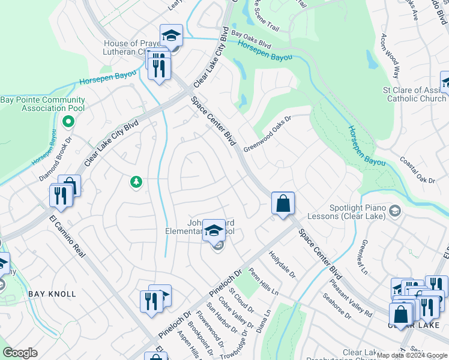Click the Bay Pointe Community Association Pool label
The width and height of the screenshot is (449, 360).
coord(43,104)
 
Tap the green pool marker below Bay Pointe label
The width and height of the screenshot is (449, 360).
coord(68,122)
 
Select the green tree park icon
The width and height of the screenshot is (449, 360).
coord(136,181)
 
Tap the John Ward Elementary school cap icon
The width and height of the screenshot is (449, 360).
coord(214,230)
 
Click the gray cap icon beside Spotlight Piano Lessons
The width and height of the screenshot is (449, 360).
coord(394,211)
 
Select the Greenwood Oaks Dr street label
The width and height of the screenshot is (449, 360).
coord(267,134)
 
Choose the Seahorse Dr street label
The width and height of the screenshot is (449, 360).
coord(337,305)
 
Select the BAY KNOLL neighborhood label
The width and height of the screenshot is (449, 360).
coord(52,294)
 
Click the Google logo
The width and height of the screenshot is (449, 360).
coord(20,353)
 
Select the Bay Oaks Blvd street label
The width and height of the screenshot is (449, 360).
coord(252,40)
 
